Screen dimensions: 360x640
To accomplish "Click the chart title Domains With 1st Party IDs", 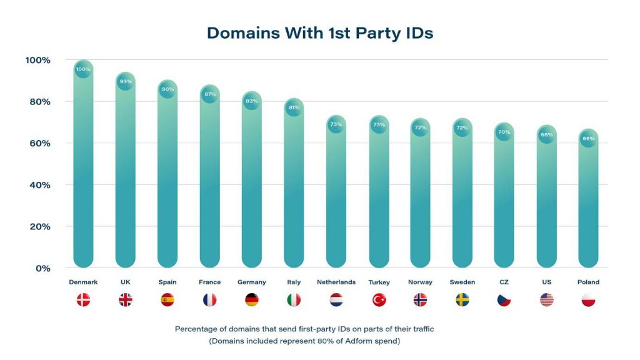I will click(320, 33).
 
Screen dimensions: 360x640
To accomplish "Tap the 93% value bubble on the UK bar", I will click(126, 81).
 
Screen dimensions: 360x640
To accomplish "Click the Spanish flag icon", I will click(167, 300).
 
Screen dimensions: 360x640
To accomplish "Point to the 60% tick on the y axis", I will click(39, 143).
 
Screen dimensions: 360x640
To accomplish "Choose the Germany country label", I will click(252, 282).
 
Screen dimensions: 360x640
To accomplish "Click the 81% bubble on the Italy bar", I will click(294, 107).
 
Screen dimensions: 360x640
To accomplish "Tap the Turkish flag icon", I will click(379, 300).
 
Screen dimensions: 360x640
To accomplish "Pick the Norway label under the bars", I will click(420, 282).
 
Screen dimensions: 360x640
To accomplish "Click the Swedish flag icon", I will click(462, 300).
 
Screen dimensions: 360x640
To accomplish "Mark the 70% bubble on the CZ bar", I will click(504, 132).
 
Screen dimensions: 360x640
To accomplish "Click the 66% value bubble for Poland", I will click(589, 139).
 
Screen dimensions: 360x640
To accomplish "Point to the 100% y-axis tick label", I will click(37, 60).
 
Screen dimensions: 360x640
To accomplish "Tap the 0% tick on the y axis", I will click(42, 268).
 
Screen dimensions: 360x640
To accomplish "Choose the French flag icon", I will click(209, 300).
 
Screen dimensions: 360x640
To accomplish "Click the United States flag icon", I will click(547, 300).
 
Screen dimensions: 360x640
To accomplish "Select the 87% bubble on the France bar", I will click(210, 94).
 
